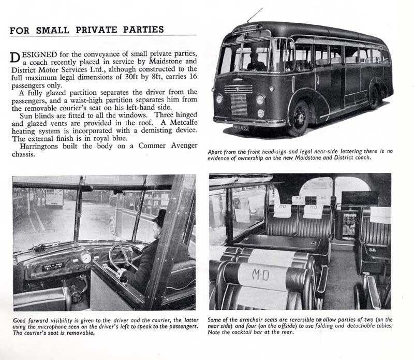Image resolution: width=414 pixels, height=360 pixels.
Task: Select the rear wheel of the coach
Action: pyautogui.click(x=373, y=96)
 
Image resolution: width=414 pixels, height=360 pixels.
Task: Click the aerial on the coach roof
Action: pyautogui.click(x=255, y=16)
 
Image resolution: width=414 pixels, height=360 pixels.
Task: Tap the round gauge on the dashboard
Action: pyautogui.click(x=85, y=258)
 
